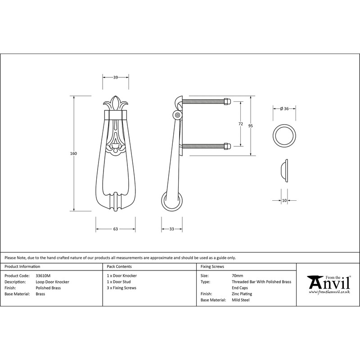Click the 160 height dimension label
74,153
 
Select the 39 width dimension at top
116,78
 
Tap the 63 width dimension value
116,229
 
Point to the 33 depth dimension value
171,229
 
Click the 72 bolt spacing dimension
240,124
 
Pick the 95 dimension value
250,126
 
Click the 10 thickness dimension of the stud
284,200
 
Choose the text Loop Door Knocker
52,281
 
